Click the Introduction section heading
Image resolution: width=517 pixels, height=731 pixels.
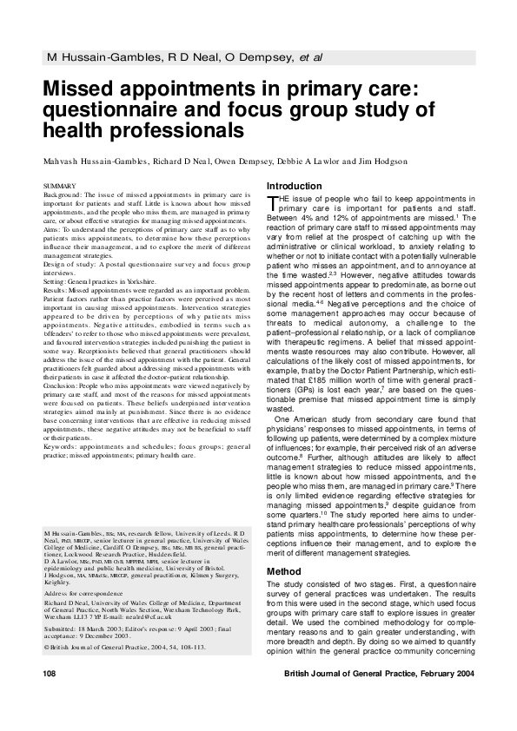coord(295,186)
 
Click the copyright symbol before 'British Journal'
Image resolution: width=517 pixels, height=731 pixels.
coord(45,647)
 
